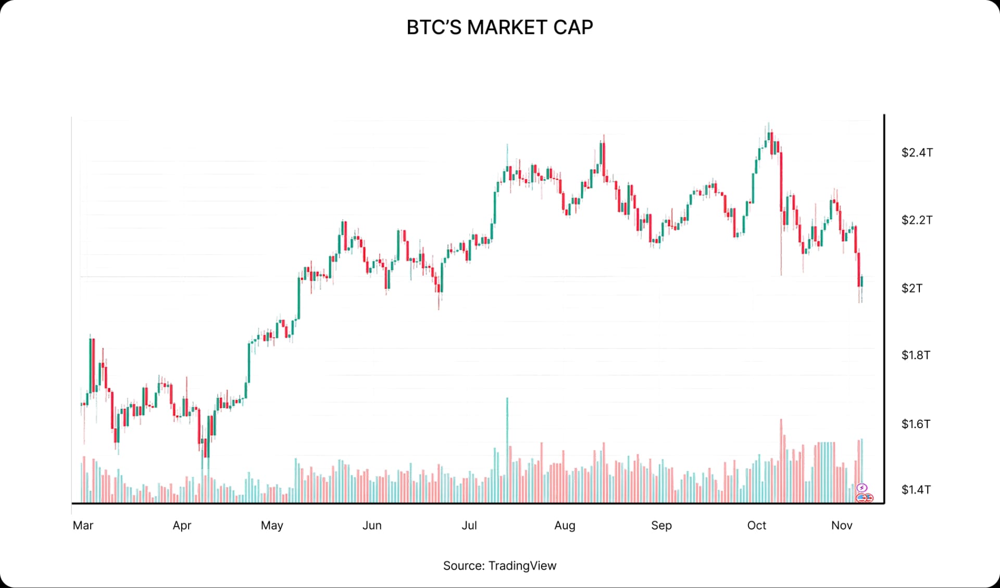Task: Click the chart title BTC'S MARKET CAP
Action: tap(499, 27)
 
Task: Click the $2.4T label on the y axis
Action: tap(917, 153)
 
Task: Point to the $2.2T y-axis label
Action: tap(917, 220)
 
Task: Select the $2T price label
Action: tap(911, 288)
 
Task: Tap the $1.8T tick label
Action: tap(916, 355)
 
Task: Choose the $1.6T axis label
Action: tap(916, 424)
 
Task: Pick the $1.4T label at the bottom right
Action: tap(916, 490)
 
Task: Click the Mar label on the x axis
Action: tap(83, 525)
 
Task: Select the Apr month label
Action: tap(182, 525)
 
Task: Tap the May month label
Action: tap(272, 525)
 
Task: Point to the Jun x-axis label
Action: tap(372, 525)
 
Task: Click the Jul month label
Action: tap(469, 525)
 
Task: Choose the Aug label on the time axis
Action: tap(565, 525)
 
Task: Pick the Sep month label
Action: tap(661, 525)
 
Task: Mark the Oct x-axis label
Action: tap(756, 525)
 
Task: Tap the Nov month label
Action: tap(842, 525)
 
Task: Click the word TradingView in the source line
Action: tap(522, 566)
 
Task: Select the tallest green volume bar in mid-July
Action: tap(507, 448)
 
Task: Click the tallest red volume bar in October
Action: tap(781, 458)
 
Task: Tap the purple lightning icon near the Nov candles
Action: tap(862, 488)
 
